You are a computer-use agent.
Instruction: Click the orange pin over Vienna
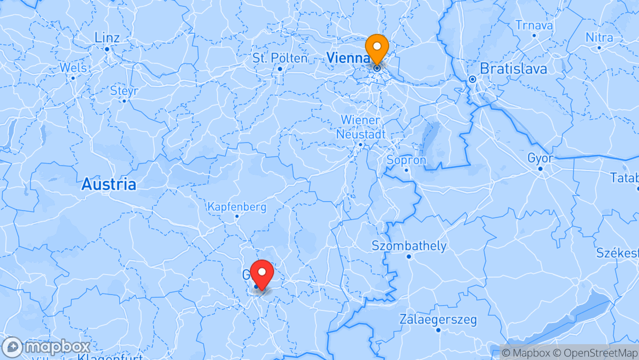(377, 48)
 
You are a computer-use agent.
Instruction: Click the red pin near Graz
(261, 273)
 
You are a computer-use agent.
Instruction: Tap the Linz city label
(107, 38)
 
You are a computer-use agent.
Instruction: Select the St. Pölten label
(280, 58)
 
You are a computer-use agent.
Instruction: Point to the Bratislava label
(513, 69)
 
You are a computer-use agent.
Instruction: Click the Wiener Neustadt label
(361, 127)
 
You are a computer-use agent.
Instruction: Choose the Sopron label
(406, 160)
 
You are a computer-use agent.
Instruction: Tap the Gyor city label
(540, 158)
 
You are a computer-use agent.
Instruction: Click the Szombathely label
(409, 246)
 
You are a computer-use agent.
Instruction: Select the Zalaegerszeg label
(438, 319)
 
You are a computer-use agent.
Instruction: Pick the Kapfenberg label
(237, 207)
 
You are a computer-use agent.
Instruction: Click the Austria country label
(108, 184)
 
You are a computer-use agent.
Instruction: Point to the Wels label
(73, 68)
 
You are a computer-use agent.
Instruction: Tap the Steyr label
(124, 91)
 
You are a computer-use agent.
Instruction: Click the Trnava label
(534, 25)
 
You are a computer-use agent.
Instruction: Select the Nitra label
(599, 38)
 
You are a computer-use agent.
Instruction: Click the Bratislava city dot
(473, 79)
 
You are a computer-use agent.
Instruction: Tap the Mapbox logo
(46, 347)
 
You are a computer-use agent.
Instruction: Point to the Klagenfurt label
(110, 357)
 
